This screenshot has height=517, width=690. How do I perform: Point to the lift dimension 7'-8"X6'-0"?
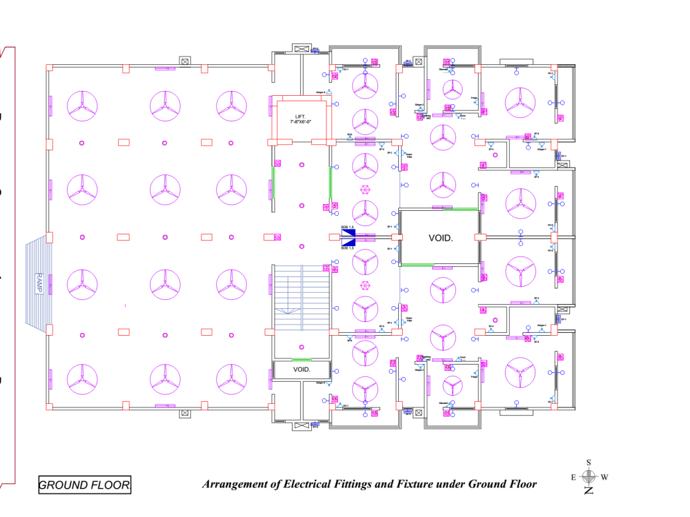(302, 122)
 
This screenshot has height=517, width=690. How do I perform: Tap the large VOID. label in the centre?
(440, 238)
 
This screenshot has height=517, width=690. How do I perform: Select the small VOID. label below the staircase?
(302, 369)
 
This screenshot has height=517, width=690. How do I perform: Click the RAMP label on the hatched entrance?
(39, 283)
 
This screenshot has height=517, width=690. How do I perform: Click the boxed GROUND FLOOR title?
(84, 485)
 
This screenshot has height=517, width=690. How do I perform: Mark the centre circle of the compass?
(589, 476)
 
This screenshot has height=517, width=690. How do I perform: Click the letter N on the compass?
(589, 490)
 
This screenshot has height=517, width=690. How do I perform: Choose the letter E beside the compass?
(573, 477)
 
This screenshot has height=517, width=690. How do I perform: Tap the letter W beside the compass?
(604, 477)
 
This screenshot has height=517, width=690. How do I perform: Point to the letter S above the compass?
(589, 463)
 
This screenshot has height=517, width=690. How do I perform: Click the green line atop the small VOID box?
(302, 360)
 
